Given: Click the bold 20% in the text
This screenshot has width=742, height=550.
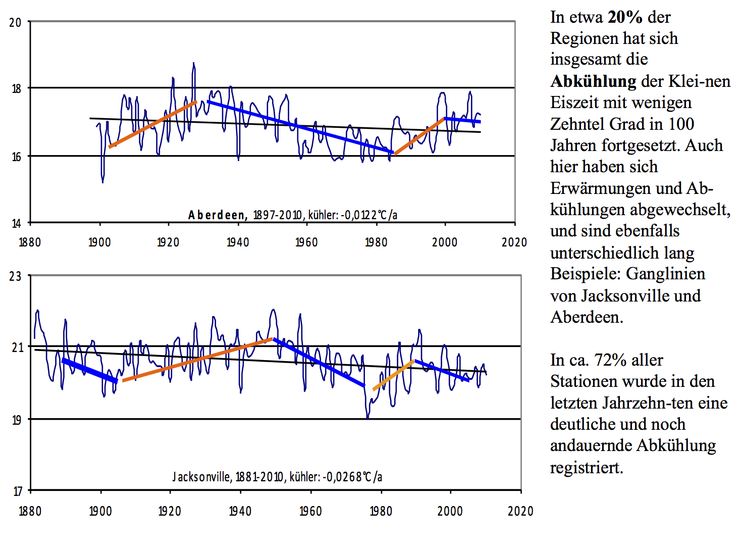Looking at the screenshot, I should tap(625, 17).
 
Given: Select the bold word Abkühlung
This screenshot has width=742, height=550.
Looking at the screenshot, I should tap(593, 81).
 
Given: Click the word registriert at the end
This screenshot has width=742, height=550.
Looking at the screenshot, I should tap(586, 467).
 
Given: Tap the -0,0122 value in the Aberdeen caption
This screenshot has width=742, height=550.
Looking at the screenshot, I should tap(359, 215).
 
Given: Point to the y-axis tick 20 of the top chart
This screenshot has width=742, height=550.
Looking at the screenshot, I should tap(15, 23).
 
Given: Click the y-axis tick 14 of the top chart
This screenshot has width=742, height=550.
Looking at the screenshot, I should tap(15, 223).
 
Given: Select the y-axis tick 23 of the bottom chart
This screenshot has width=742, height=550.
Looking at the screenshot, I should tap(15, 276).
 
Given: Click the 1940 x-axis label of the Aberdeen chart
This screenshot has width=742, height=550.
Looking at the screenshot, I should tap(237, 242).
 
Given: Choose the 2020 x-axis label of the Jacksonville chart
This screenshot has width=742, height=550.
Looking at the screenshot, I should tap(520, 511).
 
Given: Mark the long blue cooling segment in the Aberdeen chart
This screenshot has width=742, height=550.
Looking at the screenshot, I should tap(300, 126).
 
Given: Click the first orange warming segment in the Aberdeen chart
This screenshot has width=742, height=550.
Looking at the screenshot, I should tap(152, 124).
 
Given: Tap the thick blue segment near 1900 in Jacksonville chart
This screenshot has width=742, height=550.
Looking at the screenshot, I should tap(89, 371).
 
